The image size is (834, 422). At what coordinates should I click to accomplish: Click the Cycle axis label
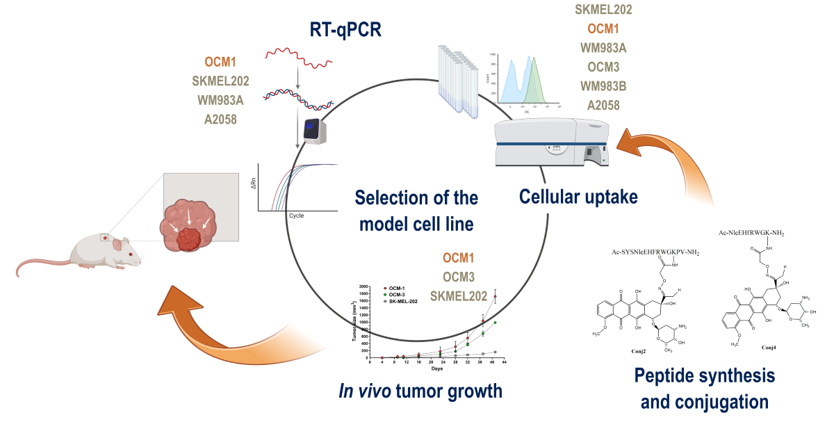tap(297, 216)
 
